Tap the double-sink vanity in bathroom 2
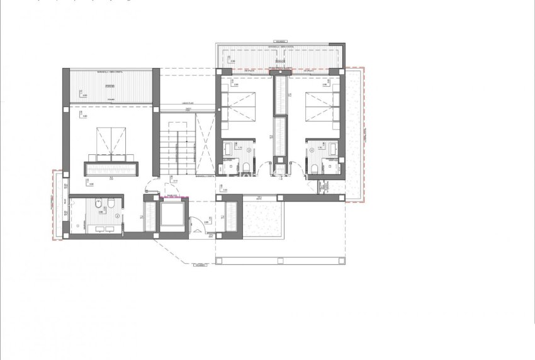pos(101,226)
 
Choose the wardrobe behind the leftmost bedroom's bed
pos(111,168)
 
